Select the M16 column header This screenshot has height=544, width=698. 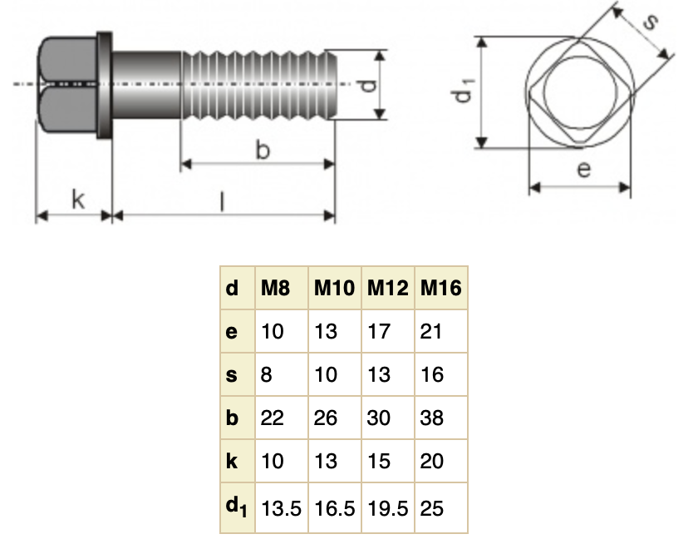[440, 289]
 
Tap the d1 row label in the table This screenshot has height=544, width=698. [235, 506]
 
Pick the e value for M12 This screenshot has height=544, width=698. [379, 331]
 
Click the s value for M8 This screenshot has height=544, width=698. [267, 374]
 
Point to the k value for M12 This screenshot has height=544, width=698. [379, 461]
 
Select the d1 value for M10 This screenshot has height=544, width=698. [334, 507]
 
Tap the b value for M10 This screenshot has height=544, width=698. [327, 418]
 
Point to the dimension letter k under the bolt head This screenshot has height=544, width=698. [76, 199]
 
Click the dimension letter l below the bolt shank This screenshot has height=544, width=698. [223, 200]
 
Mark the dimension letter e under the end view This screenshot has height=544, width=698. [584, 170]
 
